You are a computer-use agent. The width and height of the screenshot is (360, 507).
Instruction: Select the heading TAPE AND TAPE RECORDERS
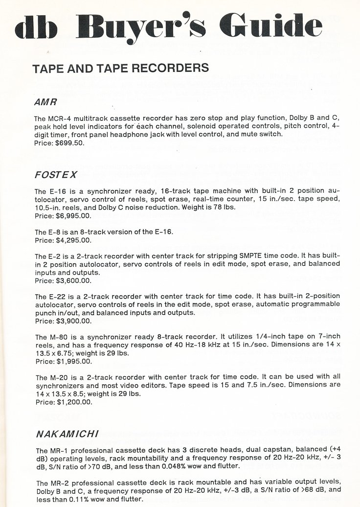(120, 68)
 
